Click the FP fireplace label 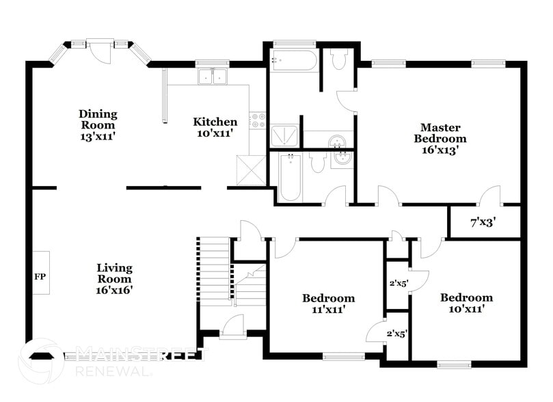pyautogui.click(x=40, y=278)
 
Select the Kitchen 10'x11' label pyautogui.click(x=215, y=127)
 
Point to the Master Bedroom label pyautogui.click(x=440, y=139)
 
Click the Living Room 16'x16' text pyautogui.click(x=114, y=278)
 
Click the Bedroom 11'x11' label pyautogui.click(x=328, y=304)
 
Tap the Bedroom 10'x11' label pyautogui.click(x=466, y=303)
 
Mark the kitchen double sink pyautogui.click(x=213, y=77)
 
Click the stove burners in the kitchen pyautogui.click(x=258, y=122)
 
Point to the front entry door pyautogui.click(x=232, y=326)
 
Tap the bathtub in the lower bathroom pyautogui.click(x=291, y=177)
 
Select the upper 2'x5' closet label pyautogui.click(x=398, y=282)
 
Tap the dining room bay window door pyautogui.click(x=103, y=49)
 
